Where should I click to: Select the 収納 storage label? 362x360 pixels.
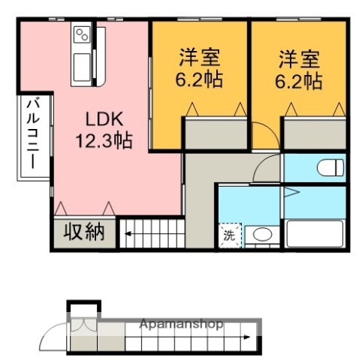[85, 232]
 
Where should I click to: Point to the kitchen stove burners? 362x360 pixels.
[82, 34]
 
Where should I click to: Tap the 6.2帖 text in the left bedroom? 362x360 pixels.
[199, 79]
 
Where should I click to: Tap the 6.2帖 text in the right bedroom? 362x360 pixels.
[301, 79]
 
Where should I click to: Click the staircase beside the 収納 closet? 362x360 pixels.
[154, 233]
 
